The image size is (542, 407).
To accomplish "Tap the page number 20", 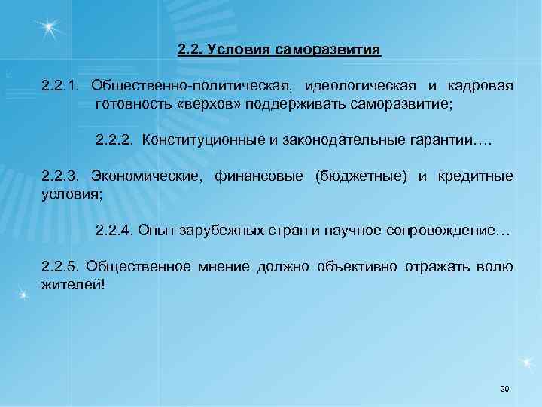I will [x=504, y=389].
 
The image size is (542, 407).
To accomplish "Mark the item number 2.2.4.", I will [x=116, y=229].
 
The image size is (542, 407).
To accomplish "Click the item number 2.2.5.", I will [x=62, y=266].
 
